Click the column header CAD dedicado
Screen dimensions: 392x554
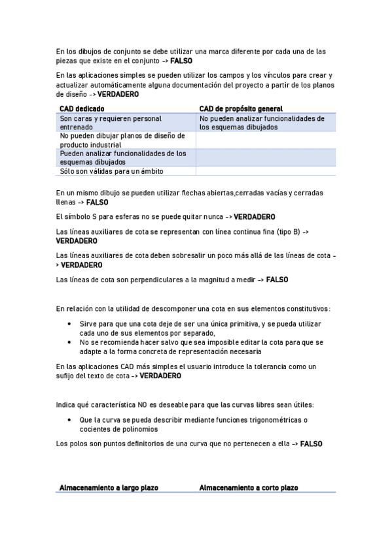click(82, 108)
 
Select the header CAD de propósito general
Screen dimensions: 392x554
click(241, 108)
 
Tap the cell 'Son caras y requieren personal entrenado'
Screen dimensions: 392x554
click(111, 123)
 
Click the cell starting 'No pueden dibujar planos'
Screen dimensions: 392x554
click(122, 140)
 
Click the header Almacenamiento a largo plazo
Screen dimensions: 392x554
click(109, 487)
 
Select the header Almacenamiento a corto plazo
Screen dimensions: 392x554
click(248, 487)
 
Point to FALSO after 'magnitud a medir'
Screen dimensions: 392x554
click(277, 280)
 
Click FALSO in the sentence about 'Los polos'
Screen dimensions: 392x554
click(312, 444)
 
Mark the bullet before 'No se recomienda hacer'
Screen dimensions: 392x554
click(70, 342)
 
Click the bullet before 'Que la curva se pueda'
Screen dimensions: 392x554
click(70, 420)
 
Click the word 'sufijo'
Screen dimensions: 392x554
click(67, 376)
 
